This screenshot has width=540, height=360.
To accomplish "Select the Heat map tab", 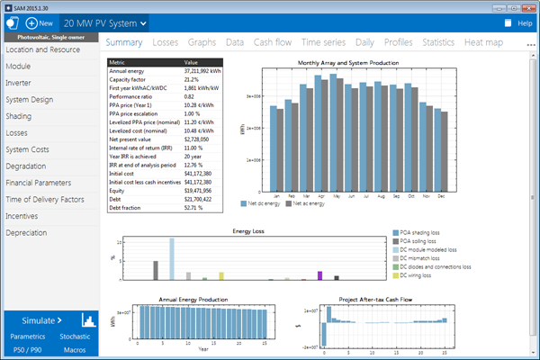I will [484, 41].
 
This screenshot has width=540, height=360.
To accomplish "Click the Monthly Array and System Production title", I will [355, 62].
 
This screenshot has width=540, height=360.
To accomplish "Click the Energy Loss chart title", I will [248, 231].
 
